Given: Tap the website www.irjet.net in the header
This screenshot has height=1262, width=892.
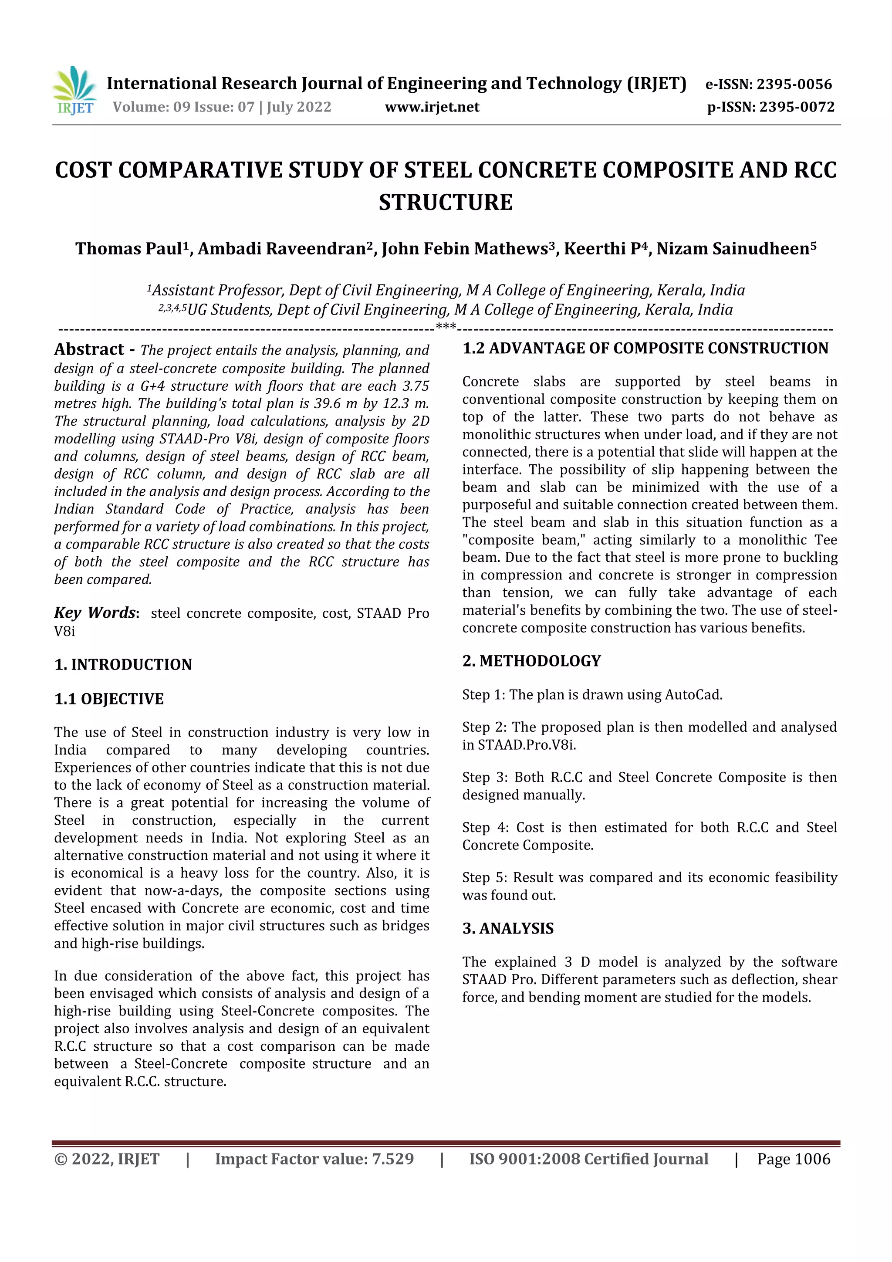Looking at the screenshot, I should pos(432,107).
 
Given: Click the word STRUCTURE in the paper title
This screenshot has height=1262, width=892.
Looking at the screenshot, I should pos(445,202).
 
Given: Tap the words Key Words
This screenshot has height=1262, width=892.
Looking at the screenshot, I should pos(95,613).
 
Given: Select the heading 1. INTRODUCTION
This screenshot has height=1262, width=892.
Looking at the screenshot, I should pos(123,664).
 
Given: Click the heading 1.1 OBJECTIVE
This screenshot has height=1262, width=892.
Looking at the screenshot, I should pos(109,699).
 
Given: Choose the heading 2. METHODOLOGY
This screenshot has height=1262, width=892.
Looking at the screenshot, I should pos(531,661).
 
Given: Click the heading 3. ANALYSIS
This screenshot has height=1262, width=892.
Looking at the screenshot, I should pos(508,928).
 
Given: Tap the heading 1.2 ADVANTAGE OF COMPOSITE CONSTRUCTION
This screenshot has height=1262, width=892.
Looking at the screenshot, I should pos(645,348).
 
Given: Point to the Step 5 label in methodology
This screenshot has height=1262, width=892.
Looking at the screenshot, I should pos(483,878).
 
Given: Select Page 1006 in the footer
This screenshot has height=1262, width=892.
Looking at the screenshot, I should pos(793,1159).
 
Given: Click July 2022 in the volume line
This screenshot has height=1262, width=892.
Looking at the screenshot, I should pos(299,107).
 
